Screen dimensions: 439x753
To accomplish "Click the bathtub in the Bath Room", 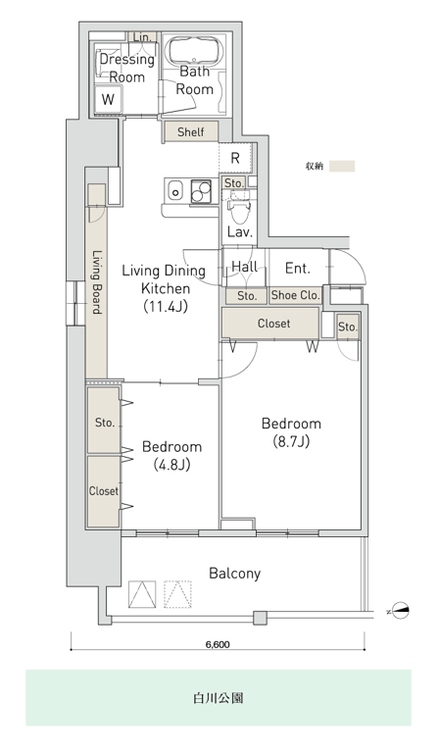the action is click(x=194, y=50).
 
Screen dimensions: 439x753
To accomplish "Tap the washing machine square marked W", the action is click(x=108, y=99).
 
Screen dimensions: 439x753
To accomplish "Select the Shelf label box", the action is click(x=190, y=131).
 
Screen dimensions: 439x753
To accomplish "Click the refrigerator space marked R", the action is click(x=235, y=158).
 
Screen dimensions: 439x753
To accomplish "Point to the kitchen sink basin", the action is click(x=176, y=192).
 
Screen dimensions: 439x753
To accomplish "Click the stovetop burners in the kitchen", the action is click(x=201, y=191).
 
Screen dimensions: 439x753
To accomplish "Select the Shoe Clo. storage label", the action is click(x=295, y=295).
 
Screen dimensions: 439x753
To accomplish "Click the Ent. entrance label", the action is click(x=298, y=269).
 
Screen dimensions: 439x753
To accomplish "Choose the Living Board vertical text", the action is click(x=97, y=282).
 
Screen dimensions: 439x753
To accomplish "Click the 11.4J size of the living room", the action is click(x=166, y=307).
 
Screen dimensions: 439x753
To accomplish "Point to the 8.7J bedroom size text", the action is click(x=291, y=441).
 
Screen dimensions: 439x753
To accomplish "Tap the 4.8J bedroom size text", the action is click(x=171, y=465).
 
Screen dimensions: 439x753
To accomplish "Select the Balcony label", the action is click(x=234, y=574).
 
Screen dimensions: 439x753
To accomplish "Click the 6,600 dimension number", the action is click(x=218, y=644).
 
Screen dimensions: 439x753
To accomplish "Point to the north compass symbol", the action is click(x=400, y=612).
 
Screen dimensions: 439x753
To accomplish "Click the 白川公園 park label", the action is click(x=218, y=698).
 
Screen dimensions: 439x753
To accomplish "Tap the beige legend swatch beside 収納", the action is click(x=342, y=166).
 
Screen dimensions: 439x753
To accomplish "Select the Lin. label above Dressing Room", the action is click(x=142, y=37).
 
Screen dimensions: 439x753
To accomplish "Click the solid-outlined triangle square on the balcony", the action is click(x=142, y=593).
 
